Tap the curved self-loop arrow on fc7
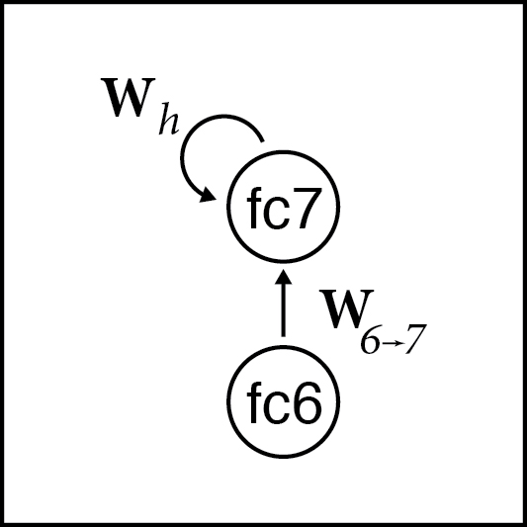tap(182, 158)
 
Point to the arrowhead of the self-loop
tap(207, 196)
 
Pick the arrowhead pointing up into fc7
tap(284, 276)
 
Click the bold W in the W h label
tap(129, 98)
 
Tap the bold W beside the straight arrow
tap(346, 308)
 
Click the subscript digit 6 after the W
tap(371, 343)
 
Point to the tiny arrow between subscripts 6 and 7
tap(392, 344)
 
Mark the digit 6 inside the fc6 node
tap(306, 403)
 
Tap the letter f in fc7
tap(254, 208)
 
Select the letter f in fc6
tap(254, 402)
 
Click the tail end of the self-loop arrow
tap(262, 141)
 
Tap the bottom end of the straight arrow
tap(284, 336)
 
